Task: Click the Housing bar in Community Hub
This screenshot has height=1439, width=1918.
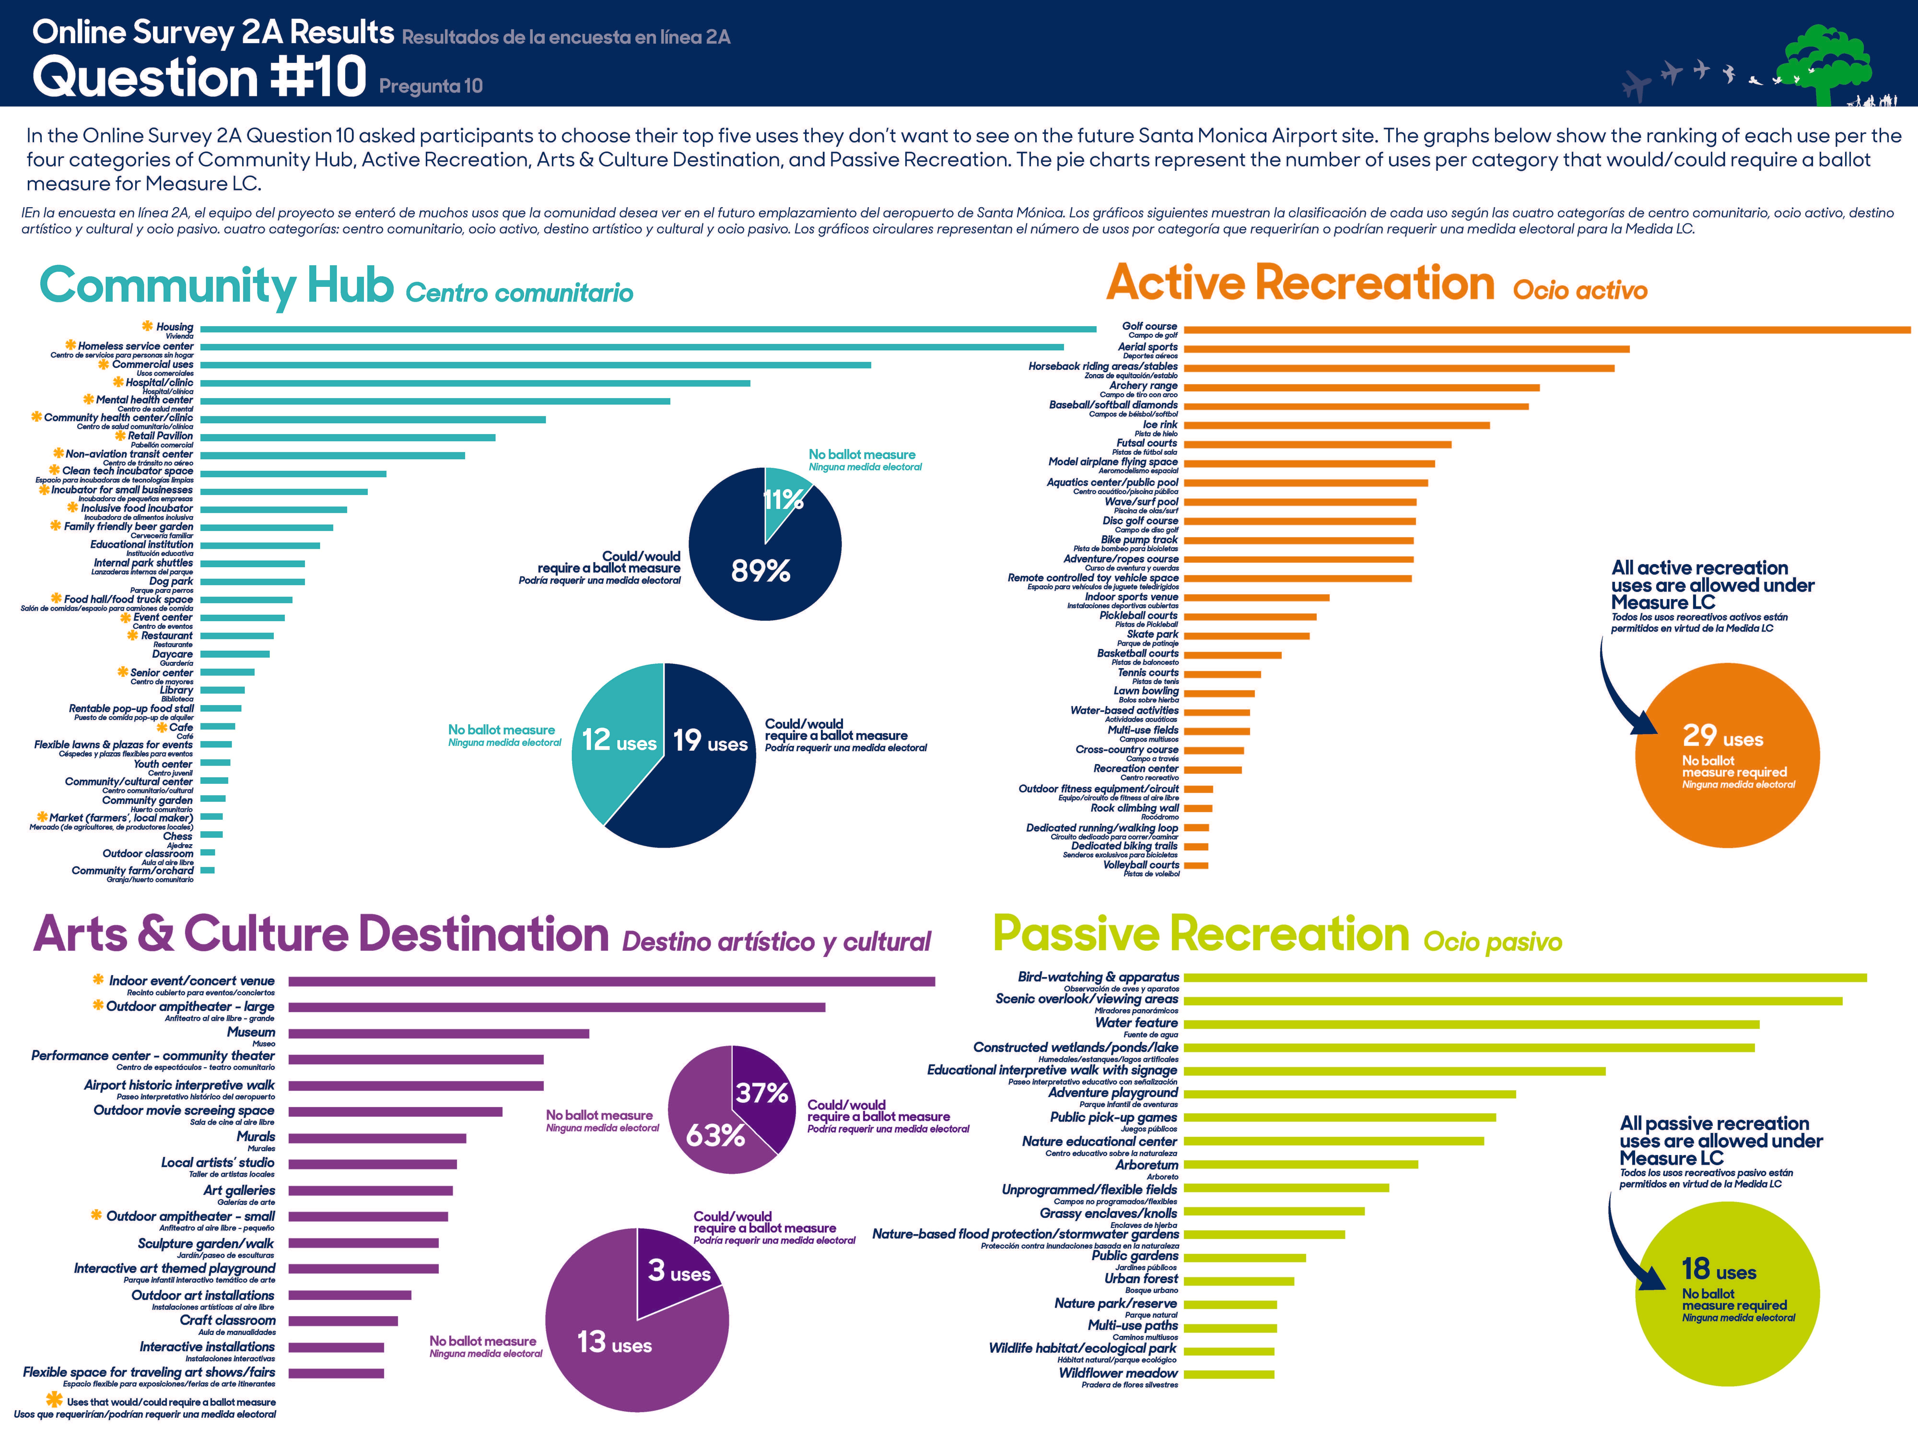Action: (648, 329)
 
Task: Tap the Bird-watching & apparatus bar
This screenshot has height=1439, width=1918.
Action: (1524, 978)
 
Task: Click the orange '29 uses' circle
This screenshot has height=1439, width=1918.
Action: (1726, 755)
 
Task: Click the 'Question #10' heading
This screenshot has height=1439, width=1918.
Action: (199, 76)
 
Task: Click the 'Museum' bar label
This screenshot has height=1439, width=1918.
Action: (251, 1032)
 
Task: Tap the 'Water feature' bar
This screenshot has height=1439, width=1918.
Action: (1471, 1024)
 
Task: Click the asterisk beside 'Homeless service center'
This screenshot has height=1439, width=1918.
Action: (70, 345)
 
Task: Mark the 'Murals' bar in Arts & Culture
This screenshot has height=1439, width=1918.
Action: (377, 1138)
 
